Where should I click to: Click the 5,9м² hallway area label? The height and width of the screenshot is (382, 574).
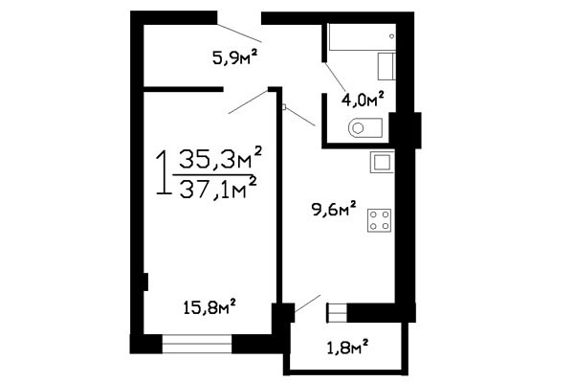click(x=235, y=57)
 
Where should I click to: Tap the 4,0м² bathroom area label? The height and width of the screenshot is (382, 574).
click(x=363, y=99)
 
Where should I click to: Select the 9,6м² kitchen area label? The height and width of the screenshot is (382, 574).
click(x=334, y=209)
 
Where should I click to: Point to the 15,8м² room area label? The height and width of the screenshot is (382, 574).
click(x=209, y=307)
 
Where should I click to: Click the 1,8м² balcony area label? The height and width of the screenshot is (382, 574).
click(x=347, y=348)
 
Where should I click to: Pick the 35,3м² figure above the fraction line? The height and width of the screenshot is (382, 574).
click(x=220, y=158)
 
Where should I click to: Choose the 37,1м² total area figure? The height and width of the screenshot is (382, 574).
click(x=217, y=188)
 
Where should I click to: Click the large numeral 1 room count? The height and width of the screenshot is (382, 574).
click(x=163, y=172)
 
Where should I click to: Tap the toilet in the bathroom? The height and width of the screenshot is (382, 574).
click(x=365, y=127)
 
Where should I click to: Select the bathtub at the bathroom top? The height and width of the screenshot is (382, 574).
click(x=362, y=36)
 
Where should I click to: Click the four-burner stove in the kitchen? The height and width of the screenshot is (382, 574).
click(x=379, y=220)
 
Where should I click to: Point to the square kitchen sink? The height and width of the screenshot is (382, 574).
click(x=382, y=162)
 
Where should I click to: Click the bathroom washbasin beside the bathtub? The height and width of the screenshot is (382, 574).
click(x=386, y=66)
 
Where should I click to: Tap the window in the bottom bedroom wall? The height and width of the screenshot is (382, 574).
click(x=197, y=344)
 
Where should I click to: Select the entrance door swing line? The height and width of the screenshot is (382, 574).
click(x=239, y=33)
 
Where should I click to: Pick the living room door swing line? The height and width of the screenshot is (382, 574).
click(x=249, y=101)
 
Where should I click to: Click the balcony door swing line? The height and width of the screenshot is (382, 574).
click(x=307, y=303)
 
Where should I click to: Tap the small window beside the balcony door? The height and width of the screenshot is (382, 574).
click(x=337, y=313)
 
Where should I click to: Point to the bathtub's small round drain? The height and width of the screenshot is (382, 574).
click(x=392, y=36)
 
